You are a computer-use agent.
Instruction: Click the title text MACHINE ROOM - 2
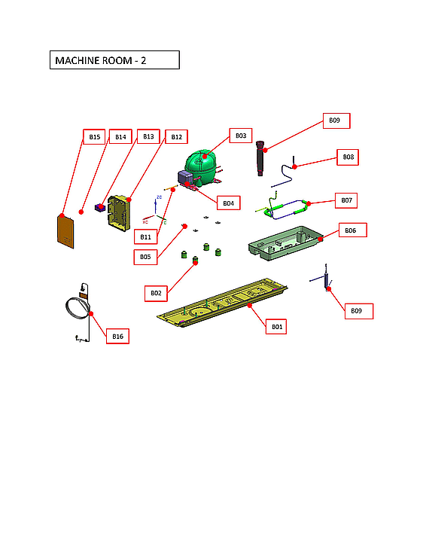pyautogui.click(x=114, y=60)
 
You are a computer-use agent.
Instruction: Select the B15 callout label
pyautogui.click(x=94, y=137)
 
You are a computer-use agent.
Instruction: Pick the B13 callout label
pyautogui.click(x=148, y=137)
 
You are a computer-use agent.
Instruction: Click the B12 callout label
pyautogui.click(x=176, y=137)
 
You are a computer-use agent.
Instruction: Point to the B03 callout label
pyautogui.click(x=240, y=136)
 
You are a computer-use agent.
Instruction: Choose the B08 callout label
pyautogui.click(x=348, y=157)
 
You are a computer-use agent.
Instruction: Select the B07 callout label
pyautogui.click(x=346, y=200)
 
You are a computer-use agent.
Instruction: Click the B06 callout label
pyautogui.click(x=351, y=230)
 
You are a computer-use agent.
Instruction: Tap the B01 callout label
pyautogui.click(x=277, y=327)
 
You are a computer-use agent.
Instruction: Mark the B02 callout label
pyautogui.click(x=156, y=292)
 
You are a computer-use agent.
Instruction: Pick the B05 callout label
pyautogui.click(x=146, y=257)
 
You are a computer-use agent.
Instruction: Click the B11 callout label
pyautogui.click(x=146, y=236)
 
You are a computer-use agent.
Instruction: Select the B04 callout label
pyautogui.click(x=228, y=203)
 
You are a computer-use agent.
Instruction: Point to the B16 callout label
pyautogui.click(x=117, y=337)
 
